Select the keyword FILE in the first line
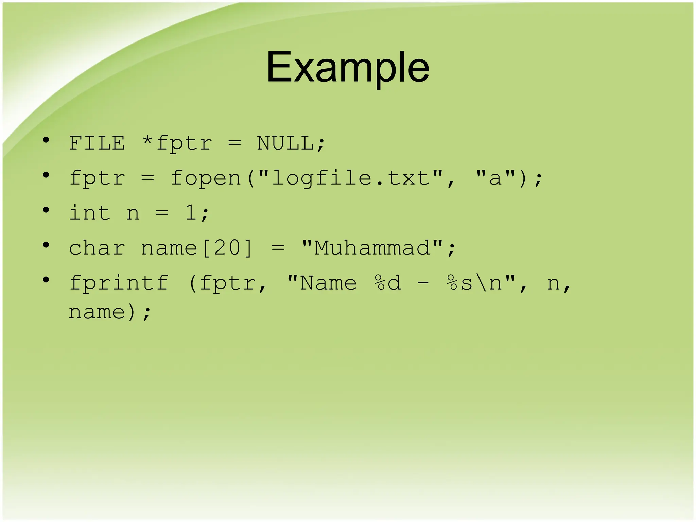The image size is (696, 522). click(97, 143)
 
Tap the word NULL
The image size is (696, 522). click(285, 143)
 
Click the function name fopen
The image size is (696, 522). click(206, 178)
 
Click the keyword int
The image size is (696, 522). click(90, 213)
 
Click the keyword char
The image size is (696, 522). click(97, 248)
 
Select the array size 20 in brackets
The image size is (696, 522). click(227, 248)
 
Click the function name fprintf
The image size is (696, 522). click(119, 283)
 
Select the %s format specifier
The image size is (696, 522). click(459, 283)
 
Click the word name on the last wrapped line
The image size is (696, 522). click(97, 312)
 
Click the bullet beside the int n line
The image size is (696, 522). click(46, 210)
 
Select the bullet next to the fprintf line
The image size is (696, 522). click(46, 280)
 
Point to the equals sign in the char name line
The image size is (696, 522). click(278, 248)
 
